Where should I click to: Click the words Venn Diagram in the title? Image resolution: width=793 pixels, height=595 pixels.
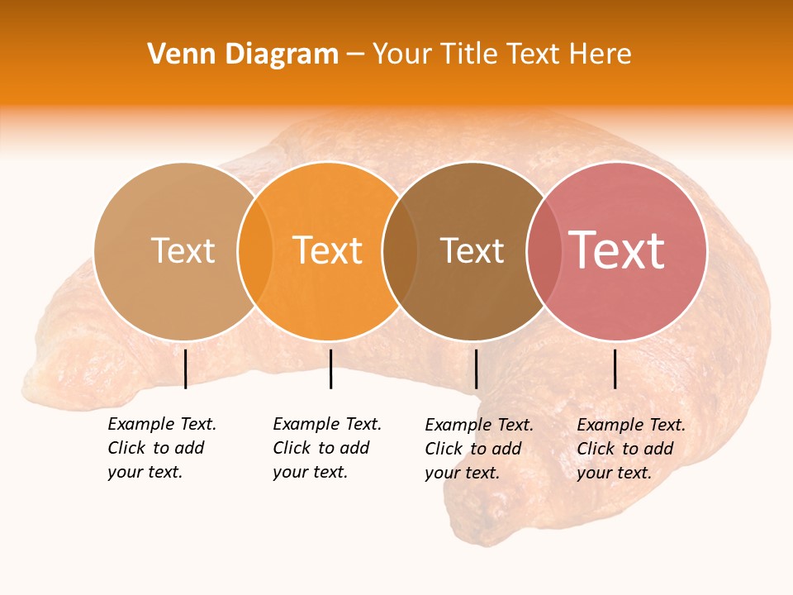click(x=243, y=55)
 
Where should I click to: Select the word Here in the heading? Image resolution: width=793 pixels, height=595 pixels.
click(x=601, y=55)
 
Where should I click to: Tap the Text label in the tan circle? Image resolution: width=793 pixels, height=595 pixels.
click(x=183, y=250)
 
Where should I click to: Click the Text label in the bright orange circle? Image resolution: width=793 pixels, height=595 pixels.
click(x=328, y=250)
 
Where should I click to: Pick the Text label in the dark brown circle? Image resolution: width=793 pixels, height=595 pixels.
click(x=472, y=250)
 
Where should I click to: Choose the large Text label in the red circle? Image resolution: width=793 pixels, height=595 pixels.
click(x=616, y=250)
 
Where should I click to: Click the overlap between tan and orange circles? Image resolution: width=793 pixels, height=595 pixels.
click(x=255, y=250)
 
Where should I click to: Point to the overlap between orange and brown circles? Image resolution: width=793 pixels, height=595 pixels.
click(x=400, y=250)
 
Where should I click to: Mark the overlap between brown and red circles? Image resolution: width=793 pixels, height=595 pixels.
click(x=544, y=250)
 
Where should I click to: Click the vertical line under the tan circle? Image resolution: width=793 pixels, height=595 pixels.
click(x=185, y=369)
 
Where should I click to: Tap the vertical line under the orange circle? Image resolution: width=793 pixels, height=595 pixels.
click(x=330, y=369)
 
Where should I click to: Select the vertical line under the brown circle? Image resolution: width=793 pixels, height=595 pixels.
click(x=476, y=369)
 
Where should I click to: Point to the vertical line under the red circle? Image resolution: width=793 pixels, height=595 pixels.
click(x=615, y=369)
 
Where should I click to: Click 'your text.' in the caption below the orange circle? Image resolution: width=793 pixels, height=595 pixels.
click(x=310, y=472)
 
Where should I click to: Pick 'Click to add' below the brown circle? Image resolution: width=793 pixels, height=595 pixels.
click(x=472, y=449)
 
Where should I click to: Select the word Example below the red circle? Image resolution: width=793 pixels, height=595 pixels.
click(x=605, y=425)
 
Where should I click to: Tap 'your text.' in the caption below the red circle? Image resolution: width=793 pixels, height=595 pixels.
click(x=614, y=473)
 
